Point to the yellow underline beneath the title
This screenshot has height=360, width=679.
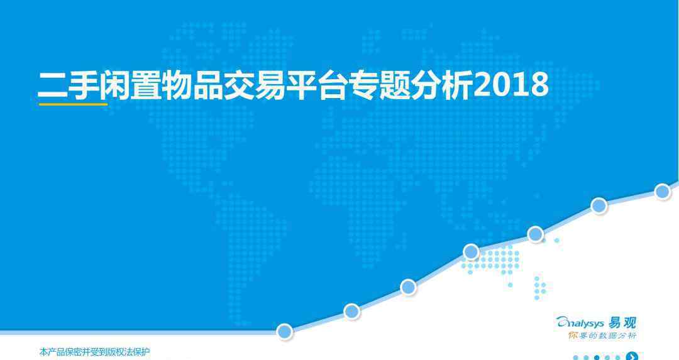click(73, 104)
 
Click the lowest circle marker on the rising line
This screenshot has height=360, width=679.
click(285, 332)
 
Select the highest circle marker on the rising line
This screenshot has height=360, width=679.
click(663, 191)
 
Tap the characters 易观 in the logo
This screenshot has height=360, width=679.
click(622, 323)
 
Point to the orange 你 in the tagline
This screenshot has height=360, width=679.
click(573, 335)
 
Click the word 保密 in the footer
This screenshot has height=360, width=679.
click(72, 352)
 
